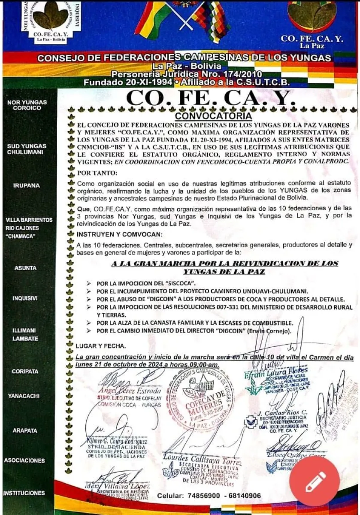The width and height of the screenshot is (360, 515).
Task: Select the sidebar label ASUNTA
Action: tap(25, 268)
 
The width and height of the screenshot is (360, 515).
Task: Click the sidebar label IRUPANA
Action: tap(27, 185)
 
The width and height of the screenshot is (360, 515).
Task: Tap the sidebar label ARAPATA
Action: tap(25, 430)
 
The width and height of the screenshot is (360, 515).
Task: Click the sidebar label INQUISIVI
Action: tap(25, 298)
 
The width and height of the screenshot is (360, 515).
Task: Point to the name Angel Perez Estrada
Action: tap(124, 391)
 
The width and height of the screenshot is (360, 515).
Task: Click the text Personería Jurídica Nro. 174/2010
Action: tap(187, 74)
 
